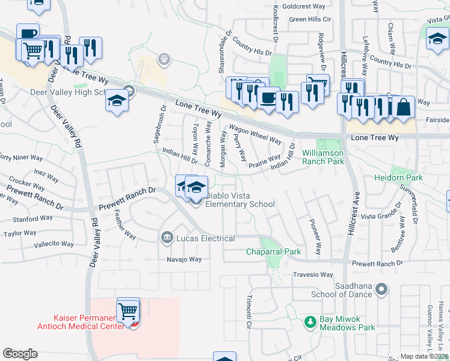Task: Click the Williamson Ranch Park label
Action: pos(323,157)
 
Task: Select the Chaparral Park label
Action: pos(273,251)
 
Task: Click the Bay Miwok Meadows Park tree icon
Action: pos(310,322)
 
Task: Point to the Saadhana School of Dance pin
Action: pos(380,290)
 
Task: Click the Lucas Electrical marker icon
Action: pos(167,238)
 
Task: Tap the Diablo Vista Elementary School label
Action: pos(240,200)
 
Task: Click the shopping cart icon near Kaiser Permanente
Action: pos(128,312)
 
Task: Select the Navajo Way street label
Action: pos(184,259)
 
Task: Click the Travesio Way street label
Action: pos(313,275)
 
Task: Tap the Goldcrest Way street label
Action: pos(303,6)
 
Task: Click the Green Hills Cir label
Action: pos(310,19)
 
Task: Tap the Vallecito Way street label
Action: pos(54,244)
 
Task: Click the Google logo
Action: pos(20,354)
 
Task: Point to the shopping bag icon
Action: pos(404,108)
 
